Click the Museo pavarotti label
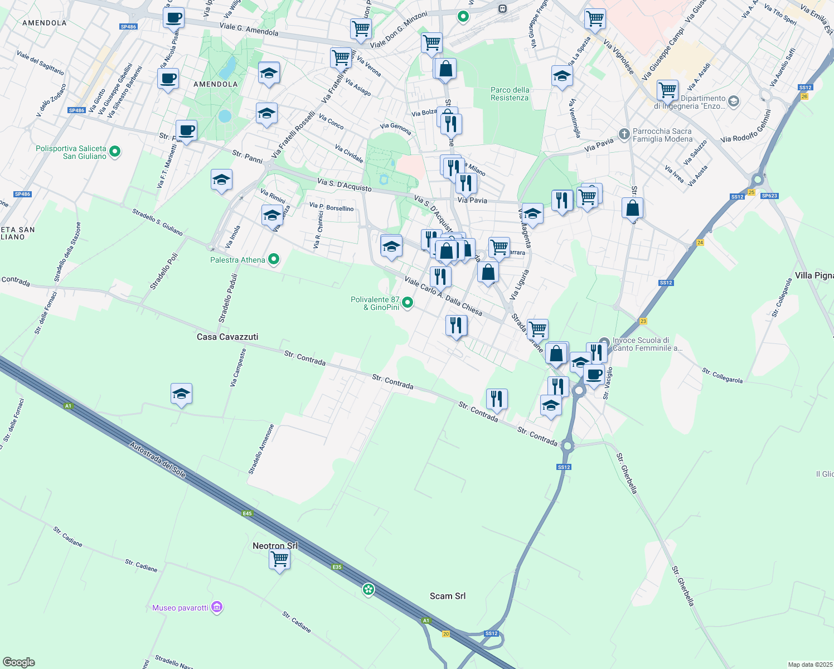coord(180,608)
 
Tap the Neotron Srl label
coord(275,546)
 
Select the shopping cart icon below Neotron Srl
coord(279,559)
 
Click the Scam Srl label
coord(448,596)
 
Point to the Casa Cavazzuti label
coord(227,337)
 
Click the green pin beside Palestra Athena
coord(274,259)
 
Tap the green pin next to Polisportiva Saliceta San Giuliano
coord(115,151)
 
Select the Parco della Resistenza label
coord(510,94)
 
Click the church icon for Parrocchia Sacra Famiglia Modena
coord(624,134)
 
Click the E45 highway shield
coord(248,513)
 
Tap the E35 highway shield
coord(336,567)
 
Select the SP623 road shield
coord(769,196)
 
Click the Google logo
coord(19,662)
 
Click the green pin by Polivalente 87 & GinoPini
coord(408,303)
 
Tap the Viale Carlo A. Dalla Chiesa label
coord(443,296)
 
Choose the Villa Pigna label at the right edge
coord(814,275)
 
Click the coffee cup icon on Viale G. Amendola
coord(173,17)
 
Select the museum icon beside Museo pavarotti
coord(217,607)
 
